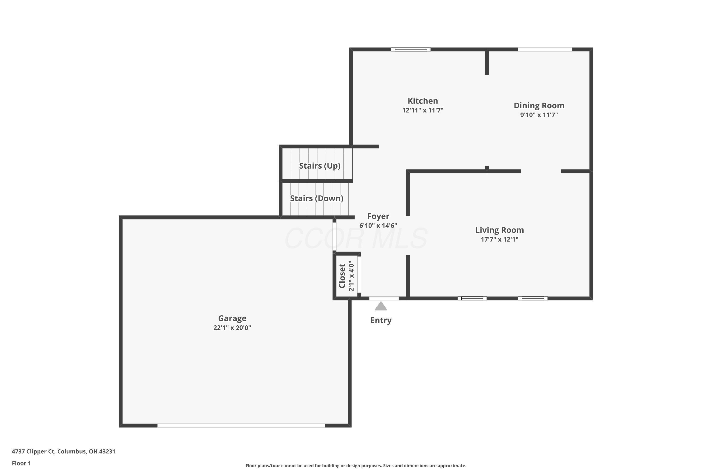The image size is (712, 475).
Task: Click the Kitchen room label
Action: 423,101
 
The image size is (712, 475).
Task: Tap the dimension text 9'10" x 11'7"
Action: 539,115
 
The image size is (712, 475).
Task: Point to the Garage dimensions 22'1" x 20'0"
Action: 232,328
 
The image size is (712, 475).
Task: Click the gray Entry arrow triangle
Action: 381,307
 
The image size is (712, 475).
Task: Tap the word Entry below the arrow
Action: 381,320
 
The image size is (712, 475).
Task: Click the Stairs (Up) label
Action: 320,166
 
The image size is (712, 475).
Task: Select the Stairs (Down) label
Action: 317,198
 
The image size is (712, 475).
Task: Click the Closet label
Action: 342,276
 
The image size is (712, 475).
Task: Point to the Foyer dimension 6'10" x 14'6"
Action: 378,226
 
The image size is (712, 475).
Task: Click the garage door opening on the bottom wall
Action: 241,425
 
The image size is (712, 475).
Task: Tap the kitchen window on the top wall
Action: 411,49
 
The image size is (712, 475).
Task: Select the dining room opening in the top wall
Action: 545,49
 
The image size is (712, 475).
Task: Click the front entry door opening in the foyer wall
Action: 384,298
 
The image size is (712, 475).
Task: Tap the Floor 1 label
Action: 21,463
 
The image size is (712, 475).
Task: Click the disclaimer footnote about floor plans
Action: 356,465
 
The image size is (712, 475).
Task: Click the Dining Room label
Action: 539,105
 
